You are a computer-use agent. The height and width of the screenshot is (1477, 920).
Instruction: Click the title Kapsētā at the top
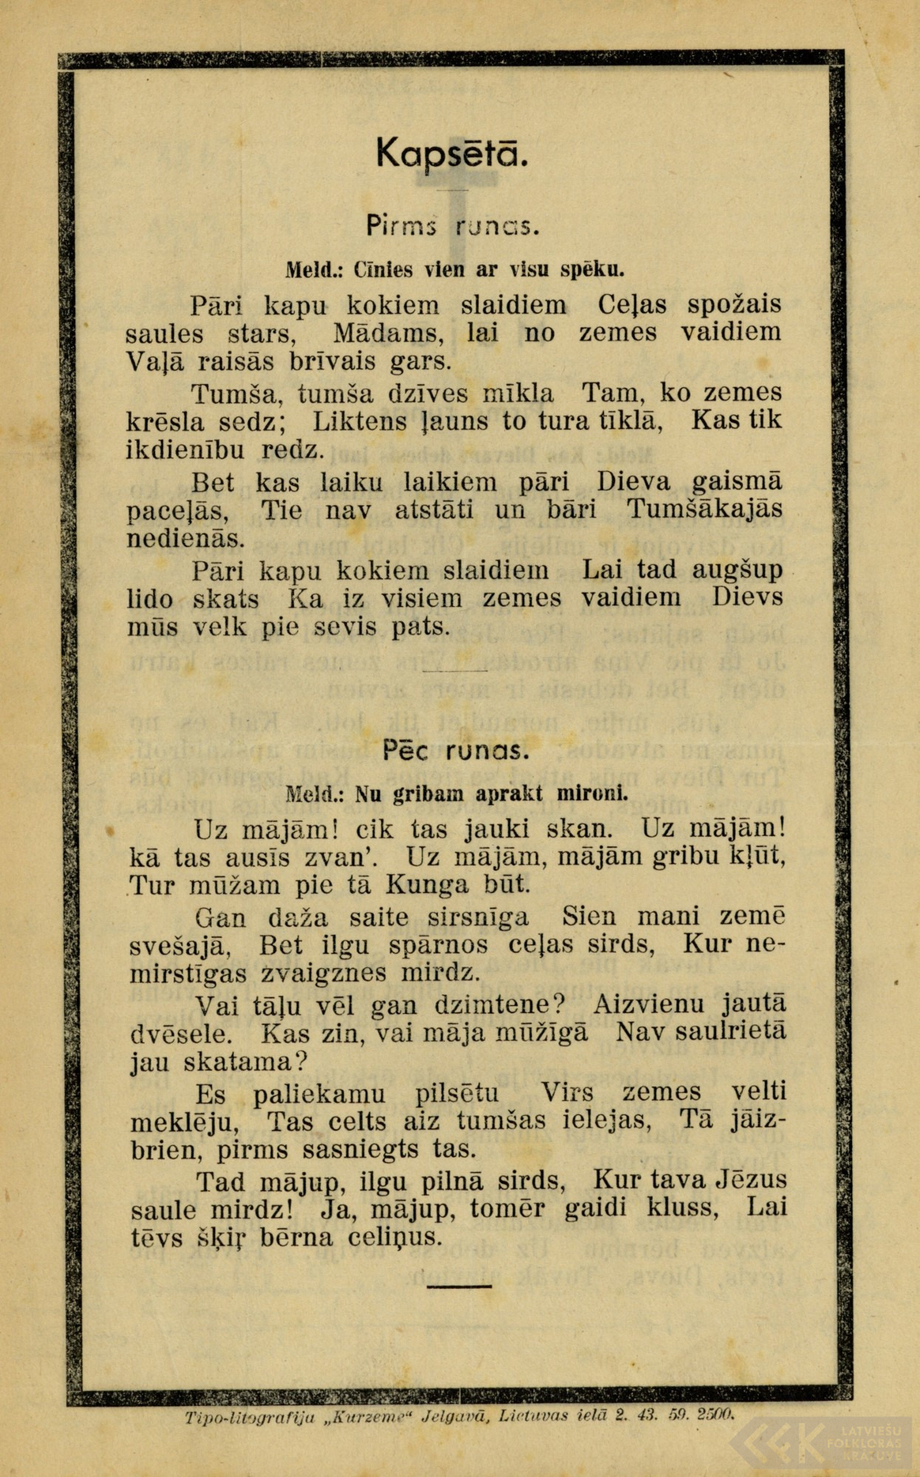pyautogui.click(x=452, y=153)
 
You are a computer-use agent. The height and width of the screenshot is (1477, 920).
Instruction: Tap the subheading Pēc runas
pyautogui.click(x=456, y=751)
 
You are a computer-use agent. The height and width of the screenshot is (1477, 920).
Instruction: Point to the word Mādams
pyautogui.click(x=388, y=333)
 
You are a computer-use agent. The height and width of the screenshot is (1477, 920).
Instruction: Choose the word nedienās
pyautogui.click(x=185, y=539)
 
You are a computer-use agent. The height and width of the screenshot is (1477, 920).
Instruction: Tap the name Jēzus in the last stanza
pyautogui.click(x=752, y=1180)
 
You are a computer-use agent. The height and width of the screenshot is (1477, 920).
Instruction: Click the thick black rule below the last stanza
pyautogui.click(x=459, y=1285)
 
